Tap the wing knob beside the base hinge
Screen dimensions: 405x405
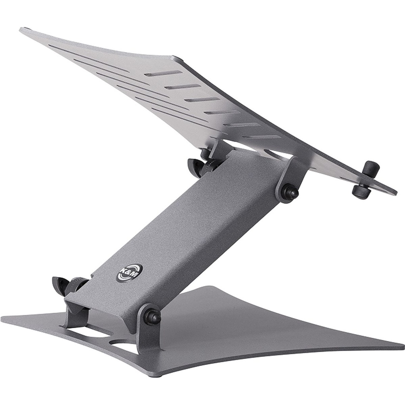pos(61,284)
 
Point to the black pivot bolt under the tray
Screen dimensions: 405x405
pos(288,192)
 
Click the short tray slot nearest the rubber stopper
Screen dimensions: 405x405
pos(261,137)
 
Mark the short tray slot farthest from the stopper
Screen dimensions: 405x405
pos(163,74)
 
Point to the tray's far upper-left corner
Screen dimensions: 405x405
pos(22,30)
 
